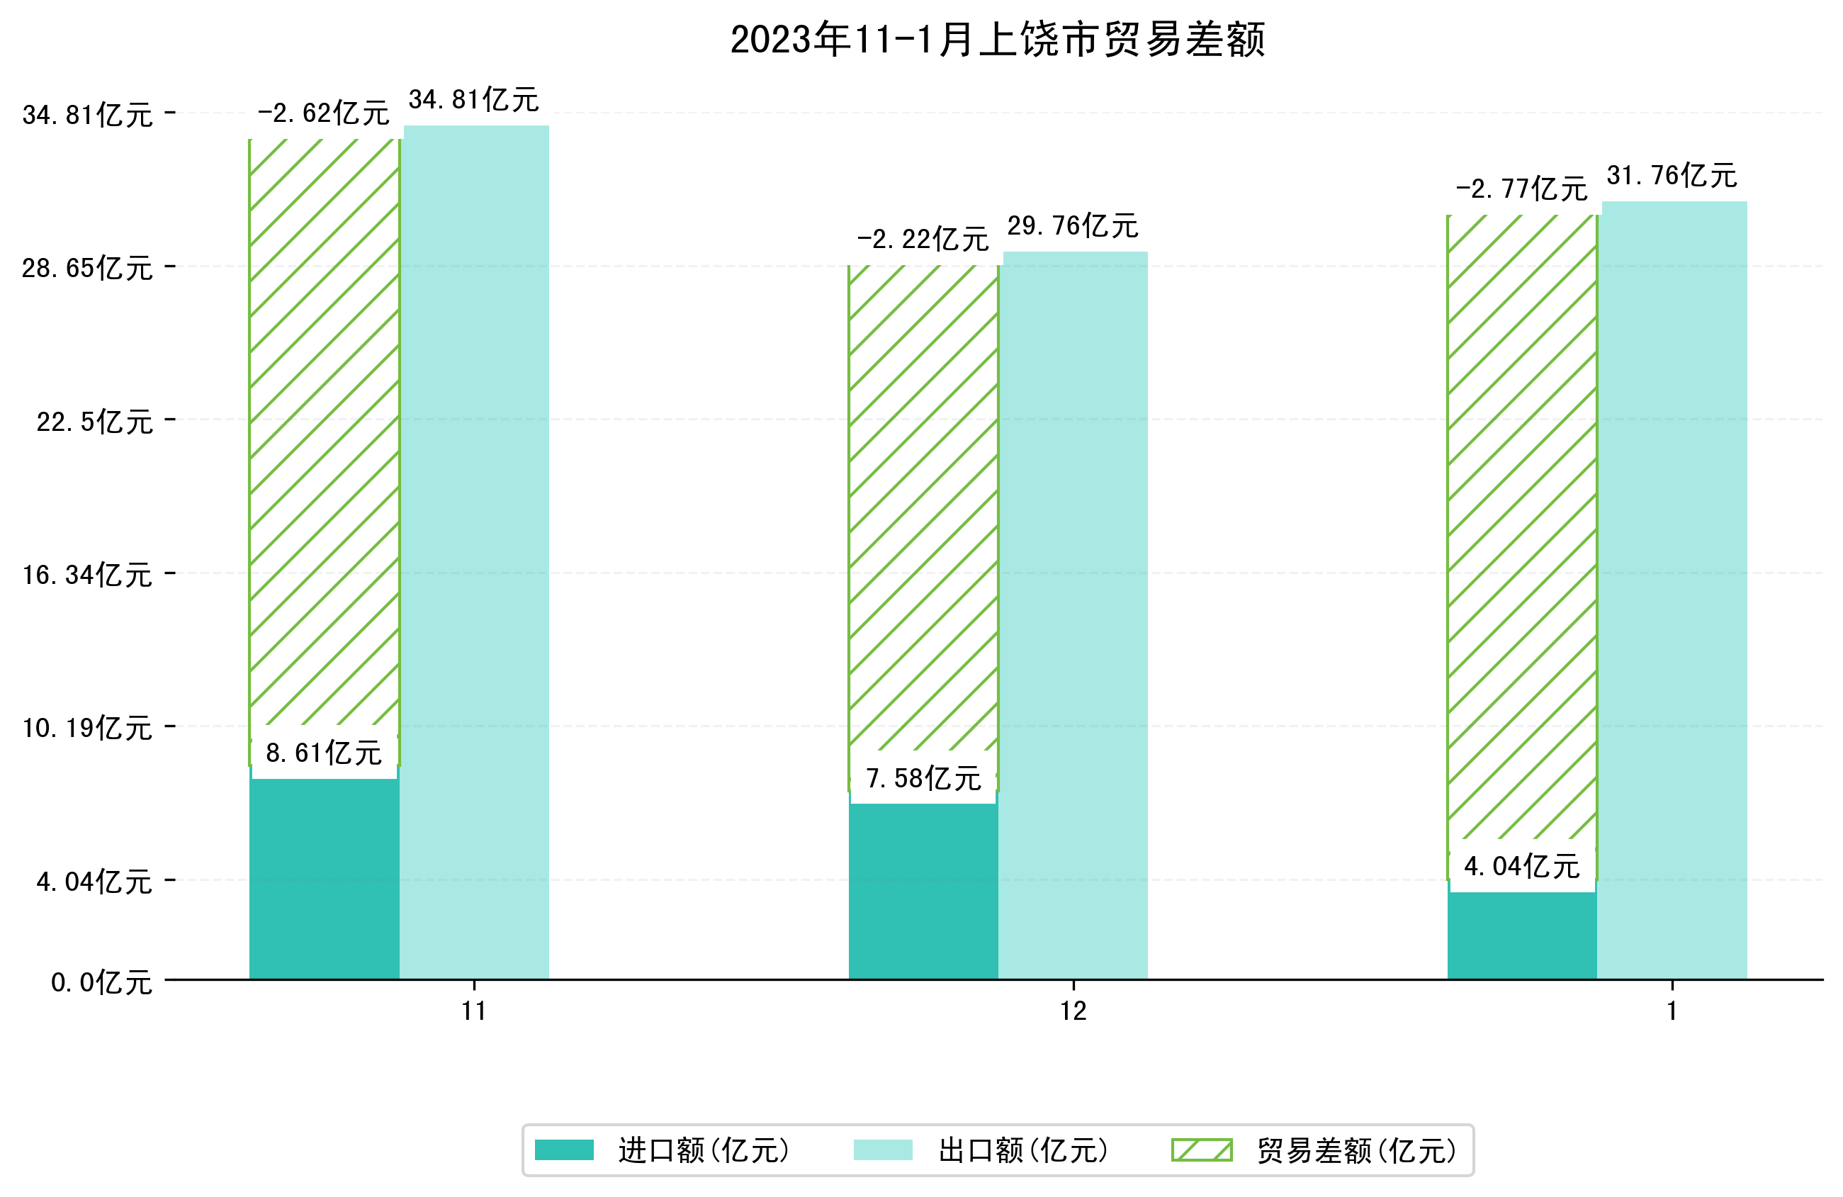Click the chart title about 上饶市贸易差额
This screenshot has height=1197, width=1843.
(998, 40)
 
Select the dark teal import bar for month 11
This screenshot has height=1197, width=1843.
(324, 880)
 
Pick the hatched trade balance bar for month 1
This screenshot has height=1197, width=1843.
(1521, 527)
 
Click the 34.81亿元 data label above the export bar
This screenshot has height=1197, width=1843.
(473, 100)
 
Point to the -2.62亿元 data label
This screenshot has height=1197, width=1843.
(323, 114)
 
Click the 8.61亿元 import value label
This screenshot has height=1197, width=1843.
(324, 753)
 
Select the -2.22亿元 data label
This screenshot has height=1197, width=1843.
(923, 240)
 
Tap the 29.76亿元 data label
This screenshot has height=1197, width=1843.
(1073, 226)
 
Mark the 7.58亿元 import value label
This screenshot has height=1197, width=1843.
(923, 779)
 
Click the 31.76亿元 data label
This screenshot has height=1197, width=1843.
(1672, 176)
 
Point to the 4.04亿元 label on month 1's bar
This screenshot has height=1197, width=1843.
(1521, 867)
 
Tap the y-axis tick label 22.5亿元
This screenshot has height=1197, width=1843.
(94, 422)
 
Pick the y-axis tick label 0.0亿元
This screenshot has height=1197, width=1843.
(101, 983)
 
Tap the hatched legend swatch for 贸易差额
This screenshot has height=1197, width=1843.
(1201, 1150)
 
